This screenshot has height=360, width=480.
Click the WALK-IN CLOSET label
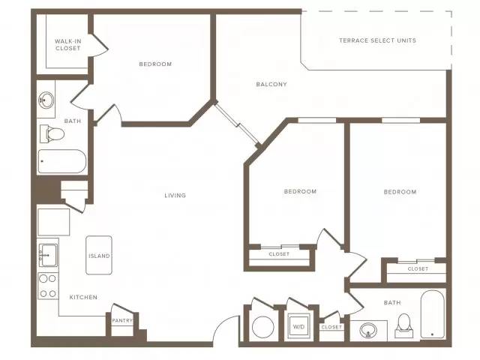tap(68, 45)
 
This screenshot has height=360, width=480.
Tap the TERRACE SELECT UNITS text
tap(377, 40)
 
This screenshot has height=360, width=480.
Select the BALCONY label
tap(271, 84)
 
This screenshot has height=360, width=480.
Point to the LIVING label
tap(175, 195)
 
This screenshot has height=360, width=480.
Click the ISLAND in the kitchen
tap(99, 255)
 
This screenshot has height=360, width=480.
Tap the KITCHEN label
tap(83, 297)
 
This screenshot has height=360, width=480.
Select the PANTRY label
tap(122, 320)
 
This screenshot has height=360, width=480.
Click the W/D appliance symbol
tap(298, 326)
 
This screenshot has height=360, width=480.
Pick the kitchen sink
tap(48, 255)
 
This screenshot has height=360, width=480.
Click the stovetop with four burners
tap(48, 286)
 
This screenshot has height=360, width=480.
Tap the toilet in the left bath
tap(52, 133)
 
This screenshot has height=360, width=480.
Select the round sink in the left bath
tap(46, 100)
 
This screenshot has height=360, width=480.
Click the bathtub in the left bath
tap(61, 161)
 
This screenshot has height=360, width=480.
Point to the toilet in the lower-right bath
tap(403, 325)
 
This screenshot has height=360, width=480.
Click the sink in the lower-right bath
tap(368, 331)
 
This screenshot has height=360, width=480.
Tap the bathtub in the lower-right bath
tap(432, 314)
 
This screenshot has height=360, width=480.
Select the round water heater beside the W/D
tap(263, 327)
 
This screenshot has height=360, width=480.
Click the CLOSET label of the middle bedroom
tap(279, 254)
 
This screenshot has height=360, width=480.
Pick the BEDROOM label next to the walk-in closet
tap(155, 64)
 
